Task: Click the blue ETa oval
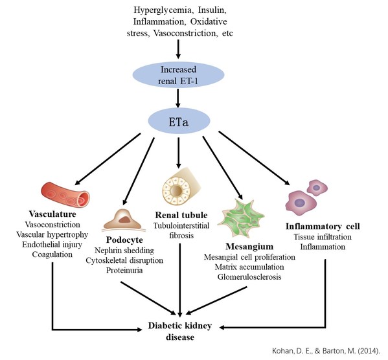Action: (x=179, y=121)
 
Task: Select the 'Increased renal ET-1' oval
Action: (x=178, y=74)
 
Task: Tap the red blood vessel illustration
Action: (x=65, y=194)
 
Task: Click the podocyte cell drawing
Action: (x=123, y=220)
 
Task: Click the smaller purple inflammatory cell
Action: (x=317, y=188)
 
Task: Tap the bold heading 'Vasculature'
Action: (x=52, y=214)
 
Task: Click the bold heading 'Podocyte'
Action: (x=124, y=240)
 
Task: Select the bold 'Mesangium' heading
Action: (x=249, y=247)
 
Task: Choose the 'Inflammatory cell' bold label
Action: (x=323, y=227)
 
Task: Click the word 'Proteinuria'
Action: (x=124, y=270)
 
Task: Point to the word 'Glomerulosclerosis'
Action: (x=249, y=276)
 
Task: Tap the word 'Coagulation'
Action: (x=52, y=254)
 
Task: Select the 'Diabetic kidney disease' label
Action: (x=180, y=332)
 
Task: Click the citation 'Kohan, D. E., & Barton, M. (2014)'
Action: (x=326, y=350)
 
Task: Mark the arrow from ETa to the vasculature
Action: (x=108, y=159)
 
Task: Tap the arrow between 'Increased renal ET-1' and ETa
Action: (x=178, y=98)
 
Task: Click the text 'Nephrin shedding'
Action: (x=124, y=251)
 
